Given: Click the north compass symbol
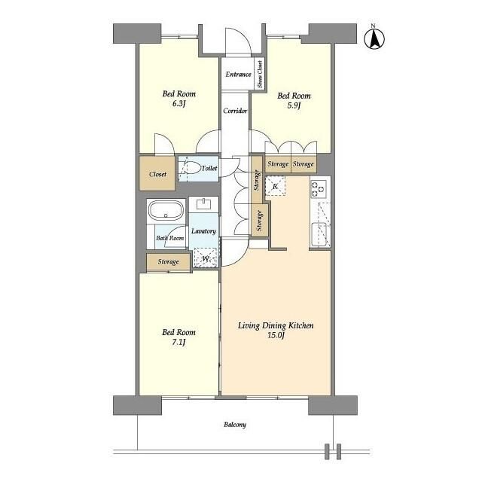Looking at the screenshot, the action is tap(374, 38).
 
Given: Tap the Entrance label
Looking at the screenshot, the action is tap(238, 75).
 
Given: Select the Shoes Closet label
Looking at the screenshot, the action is tap(260, 74).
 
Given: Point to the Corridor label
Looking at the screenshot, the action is tap(235, 111).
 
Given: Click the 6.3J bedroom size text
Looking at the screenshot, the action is tap(178, 104).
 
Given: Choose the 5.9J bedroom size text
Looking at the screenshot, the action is tap(294, 105).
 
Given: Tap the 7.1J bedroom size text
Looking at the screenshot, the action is tap(178, 343).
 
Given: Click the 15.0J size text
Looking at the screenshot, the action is tap(276, 335).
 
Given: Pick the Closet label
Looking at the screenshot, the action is tap(157, 174).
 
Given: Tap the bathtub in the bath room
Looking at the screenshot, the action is tap(166, 210).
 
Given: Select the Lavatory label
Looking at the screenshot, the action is tap(203, 231).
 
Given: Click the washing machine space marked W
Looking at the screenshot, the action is tap(206, 258).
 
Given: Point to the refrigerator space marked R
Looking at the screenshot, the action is tap(276, 186).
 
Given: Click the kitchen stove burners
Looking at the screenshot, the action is tap(319, 189).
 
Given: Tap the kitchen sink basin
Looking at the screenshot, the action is tap(319, 234).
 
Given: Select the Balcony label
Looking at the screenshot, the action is tap(235, 425).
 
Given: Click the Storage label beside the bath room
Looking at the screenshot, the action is tap(168, 262).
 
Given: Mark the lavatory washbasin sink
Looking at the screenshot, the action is tap(203, 204).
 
